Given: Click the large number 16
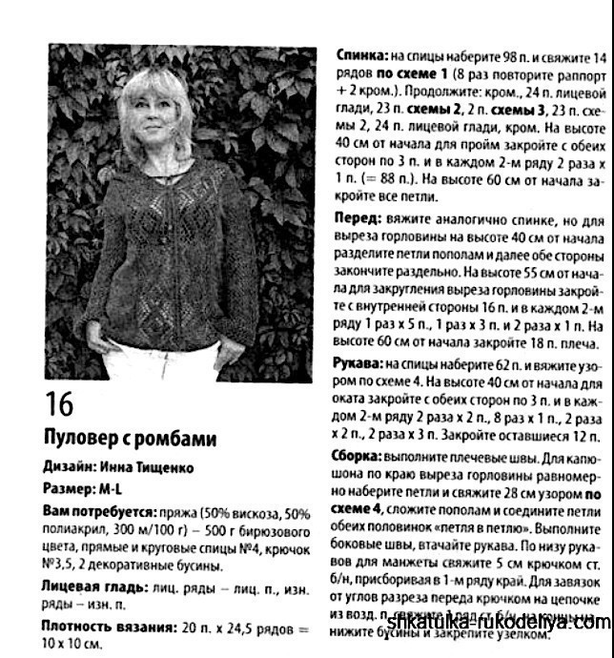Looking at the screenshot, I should (x=59, y=403).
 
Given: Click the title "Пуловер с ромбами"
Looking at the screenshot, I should (x=131, y=439).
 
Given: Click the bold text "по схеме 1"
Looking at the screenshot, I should (x=414, y=73).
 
